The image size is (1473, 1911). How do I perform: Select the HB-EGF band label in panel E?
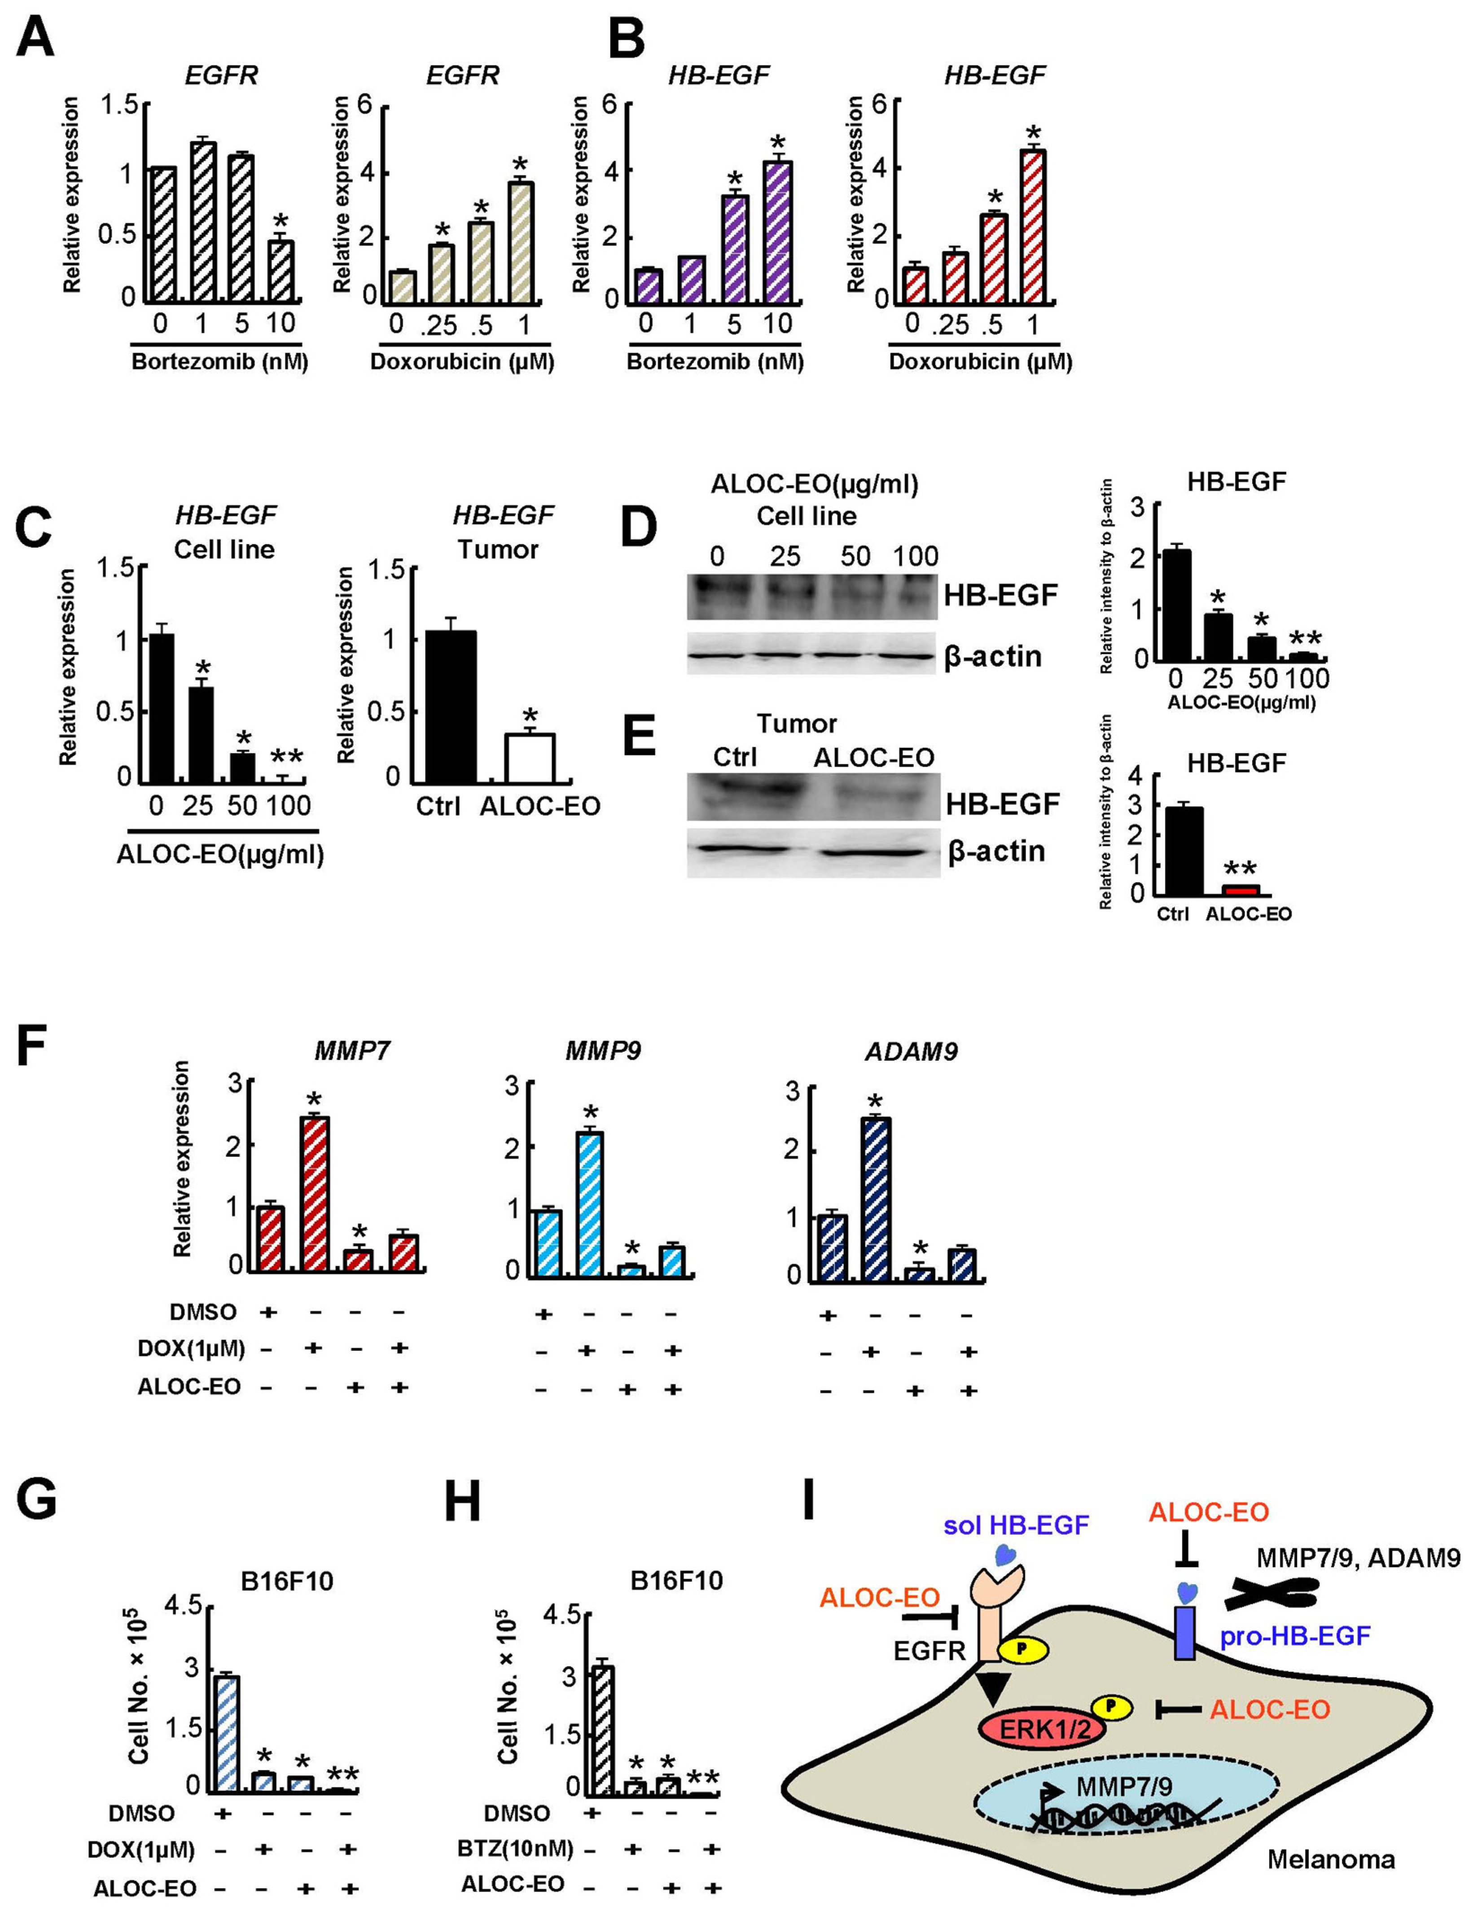[1002, 803]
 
